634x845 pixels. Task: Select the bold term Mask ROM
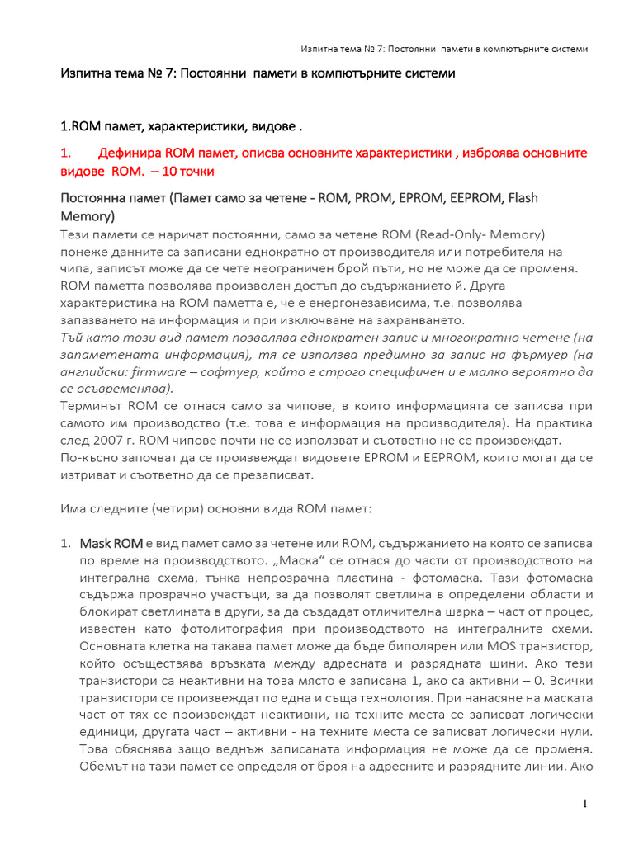point(111,543)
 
